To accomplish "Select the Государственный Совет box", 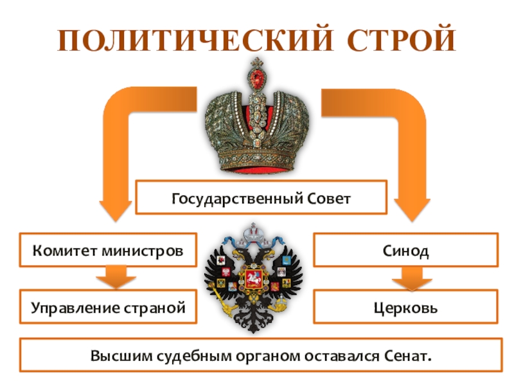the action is pyautogui.click(x=261, y=198).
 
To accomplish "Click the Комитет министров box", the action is pyautogui.click(x=107, y=250).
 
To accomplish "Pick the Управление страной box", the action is pyautogui.click(x=107, y=307).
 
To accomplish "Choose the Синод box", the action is pyautogui.click(x=405, y=250).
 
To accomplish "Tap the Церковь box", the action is pyautogui.click(x=405, y=307).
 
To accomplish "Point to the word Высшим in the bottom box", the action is pyautogui.click(x=112, y=354).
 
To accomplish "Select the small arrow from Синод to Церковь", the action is pyautogui.click(x=405, y=279).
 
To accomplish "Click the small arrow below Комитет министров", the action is pyautogui.click(x=115, y=279).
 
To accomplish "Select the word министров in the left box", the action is pyautogui.click(x=146, y=250).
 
